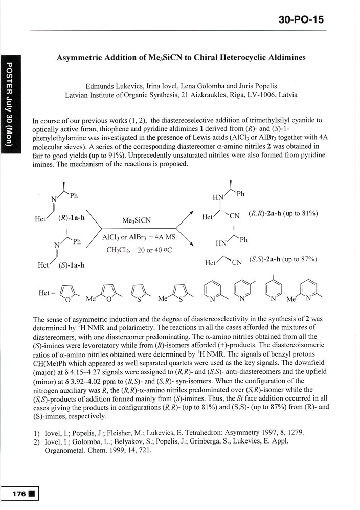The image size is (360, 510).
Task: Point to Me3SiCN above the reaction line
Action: [136, 221]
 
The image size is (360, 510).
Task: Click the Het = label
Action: [47, 293]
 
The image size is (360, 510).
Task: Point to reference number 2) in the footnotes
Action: [34, 442]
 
